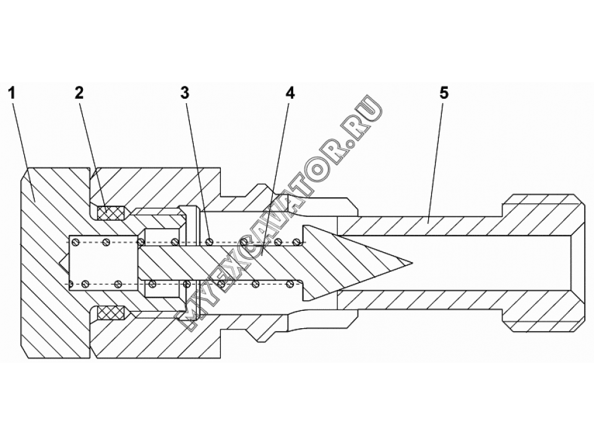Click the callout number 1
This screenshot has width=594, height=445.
tap(12, 93)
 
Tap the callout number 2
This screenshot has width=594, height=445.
tap(79, 93)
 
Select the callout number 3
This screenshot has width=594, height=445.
tap(184, 93)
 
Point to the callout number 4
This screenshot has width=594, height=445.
tap(290, 93)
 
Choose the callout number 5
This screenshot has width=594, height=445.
tap(444, 93)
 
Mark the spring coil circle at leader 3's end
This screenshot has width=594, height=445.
tap(209, 241)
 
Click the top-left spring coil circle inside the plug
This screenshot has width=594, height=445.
tap(75, 240)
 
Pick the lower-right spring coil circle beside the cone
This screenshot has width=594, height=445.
tap(291, 284)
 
